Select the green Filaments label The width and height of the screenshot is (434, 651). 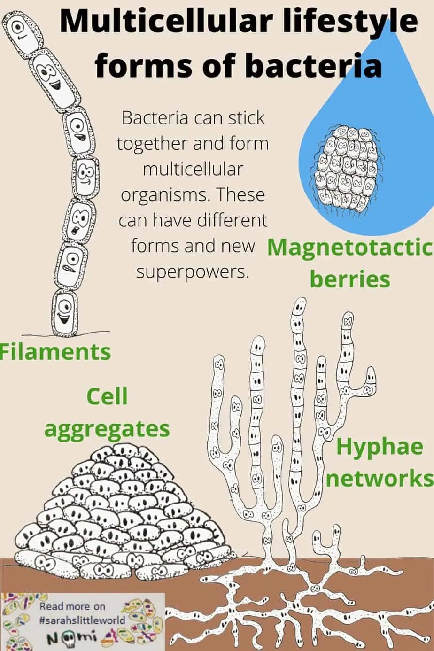point(55,351)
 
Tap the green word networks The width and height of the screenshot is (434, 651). point(380,479)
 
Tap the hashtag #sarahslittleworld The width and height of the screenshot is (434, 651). point(82,620)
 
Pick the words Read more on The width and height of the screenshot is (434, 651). point(72,606)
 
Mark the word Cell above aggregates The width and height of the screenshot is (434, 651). point(108,397)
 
